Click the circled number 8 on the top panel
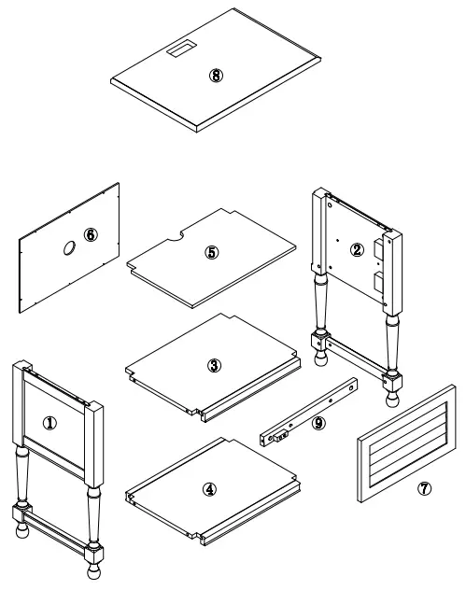pyautogui.click(x=217, y=77)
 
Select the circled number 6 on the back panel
pyautogui.click(x=90, y=234)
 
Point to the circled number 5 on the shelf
pyautogui.click(x=212, y=252)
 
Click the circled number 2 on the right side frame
pyautogui.click(x=356, y=248)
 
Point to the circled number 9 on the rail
pyautogui.click(x=318, y=423)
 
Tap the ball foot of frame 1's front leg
pyautogui.click(x=96, y=575)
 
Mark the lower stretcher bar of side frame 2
pyautogui.click(x=356, y=360)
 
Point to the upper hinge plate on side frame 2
pyautogui.click(x=379, y=247)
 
